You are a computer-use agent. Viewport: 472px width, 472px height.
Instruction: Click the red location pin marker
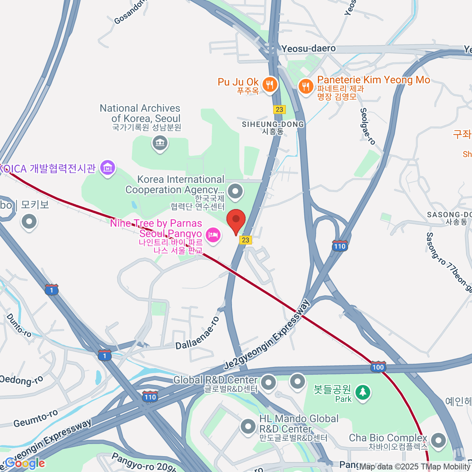point(236,221)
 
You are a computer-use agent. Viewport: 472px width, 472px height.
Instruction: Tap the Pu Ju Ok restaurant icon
point(270,85)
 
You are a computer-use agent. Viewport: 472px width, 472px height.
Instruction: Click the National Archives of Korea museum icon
point(160,143)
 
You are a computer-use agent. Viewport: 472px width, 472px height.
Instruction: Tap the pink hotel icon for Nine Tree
point(213,236)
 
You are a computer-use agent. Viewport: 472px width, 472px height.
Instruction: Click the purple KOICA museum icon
point(107,168)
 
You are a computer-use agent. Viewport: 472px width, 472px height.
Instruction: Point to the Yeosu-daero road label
point(308,49)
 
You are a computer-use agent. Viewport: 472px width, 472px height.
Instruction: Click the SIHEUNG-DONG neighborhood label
point(273,124)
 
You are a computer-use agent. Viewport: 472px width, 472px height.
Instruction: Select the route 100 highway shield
point(378,367)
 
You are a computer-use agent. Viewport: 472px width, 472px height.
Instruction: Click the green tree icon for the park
point(362,392)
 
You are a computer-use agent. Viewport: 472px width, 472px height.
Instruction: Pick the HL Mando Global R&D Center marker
point(248,426)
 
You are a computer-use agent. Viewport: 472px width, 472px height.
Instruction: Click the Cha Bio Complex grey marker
point(438,440)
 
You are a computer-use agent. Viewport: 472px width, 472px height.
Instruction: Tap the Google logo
point(24,463)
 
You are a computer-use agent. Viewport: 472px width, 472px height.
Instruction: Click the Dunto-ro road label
point(19,326)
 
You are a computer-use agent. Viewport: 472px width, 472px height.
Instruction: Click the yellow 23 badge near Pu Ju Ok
point(279,109)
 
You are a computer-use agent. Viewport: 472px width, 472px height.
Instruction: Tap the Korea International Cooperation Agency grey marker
point(236,192)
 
